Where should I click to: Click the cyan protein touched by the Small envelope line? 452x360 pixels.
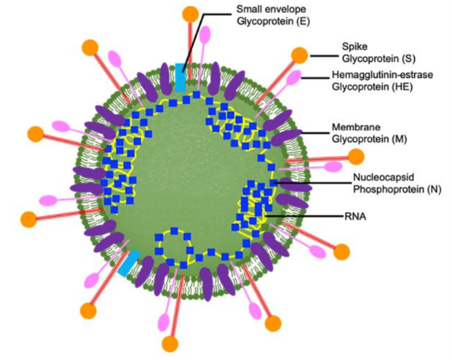tap(181, 76)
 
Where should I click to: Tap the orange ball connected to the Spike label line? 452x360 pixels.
tap(299, 55)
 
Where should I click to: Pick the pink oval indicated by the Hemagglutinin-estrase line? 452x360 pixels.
tap(294, 78)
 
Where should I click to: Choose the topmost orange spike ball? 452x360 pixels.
tap(191, 14)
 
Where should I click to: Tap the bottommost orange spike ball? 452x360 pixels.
tap(172, 343)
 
